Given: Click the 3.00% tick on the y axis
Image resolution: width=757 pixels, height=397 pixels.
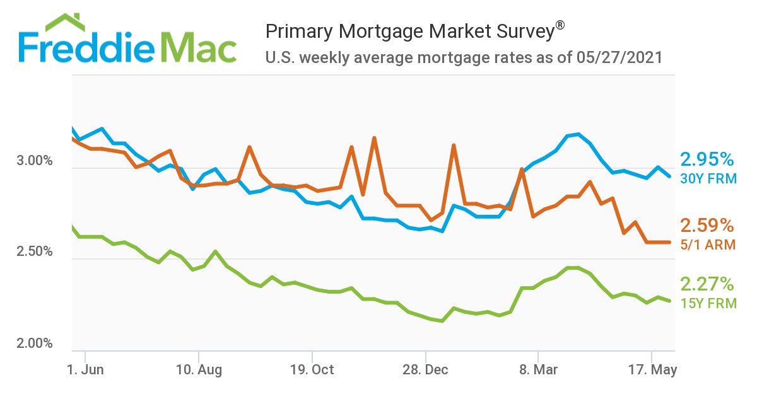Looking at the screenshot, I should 35,161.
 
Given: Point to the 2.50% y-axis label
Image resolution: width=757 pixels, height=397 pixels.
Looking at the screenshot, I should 35,252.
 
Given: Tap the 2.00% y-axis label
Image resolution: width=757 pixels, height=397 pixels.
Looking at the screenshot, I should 35,344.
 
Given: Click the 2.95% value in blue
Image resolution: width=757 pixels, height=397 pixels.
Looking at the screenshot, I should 707,159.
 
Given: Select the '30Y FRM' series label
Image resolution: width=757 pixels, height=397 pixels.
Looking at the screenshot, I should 708,179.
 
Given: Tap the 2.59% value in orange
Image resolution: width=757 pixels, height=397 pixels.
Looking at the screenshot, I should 707,226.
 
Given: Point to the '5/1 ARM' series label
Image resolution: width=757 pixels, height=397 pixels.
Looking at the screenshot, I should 708,245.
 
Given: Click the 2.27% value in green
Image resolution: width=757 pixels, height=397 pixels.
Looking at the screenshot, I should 707,284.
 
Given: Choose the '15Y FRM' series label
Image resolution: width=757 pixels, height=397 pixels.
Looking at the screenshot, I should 708,303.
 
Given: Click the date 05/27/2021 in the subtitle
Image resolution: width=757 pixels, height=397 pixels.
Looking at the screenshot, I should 619,58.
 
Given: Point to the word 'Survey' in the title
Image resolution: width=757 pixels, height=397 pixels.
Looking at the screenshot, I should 519,31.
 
